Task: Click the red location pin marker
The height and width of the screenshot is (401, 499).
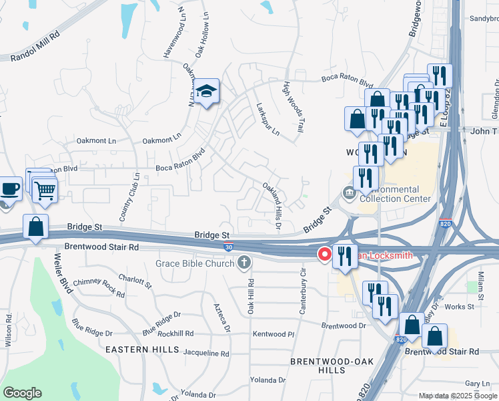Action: (325, 254)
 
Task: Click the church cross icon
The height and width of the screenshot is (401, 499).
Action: (245, 262)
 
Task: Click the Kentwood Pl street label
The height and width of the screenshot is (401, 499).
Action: (274, 333)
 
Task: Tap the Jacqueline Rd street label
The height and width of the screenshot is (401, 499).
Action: (206, 353)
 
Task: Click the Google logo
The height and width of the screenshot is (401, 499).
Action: (22, 393)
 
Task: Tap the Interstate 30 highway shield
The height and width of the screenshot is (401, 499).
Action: (228, 247)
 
